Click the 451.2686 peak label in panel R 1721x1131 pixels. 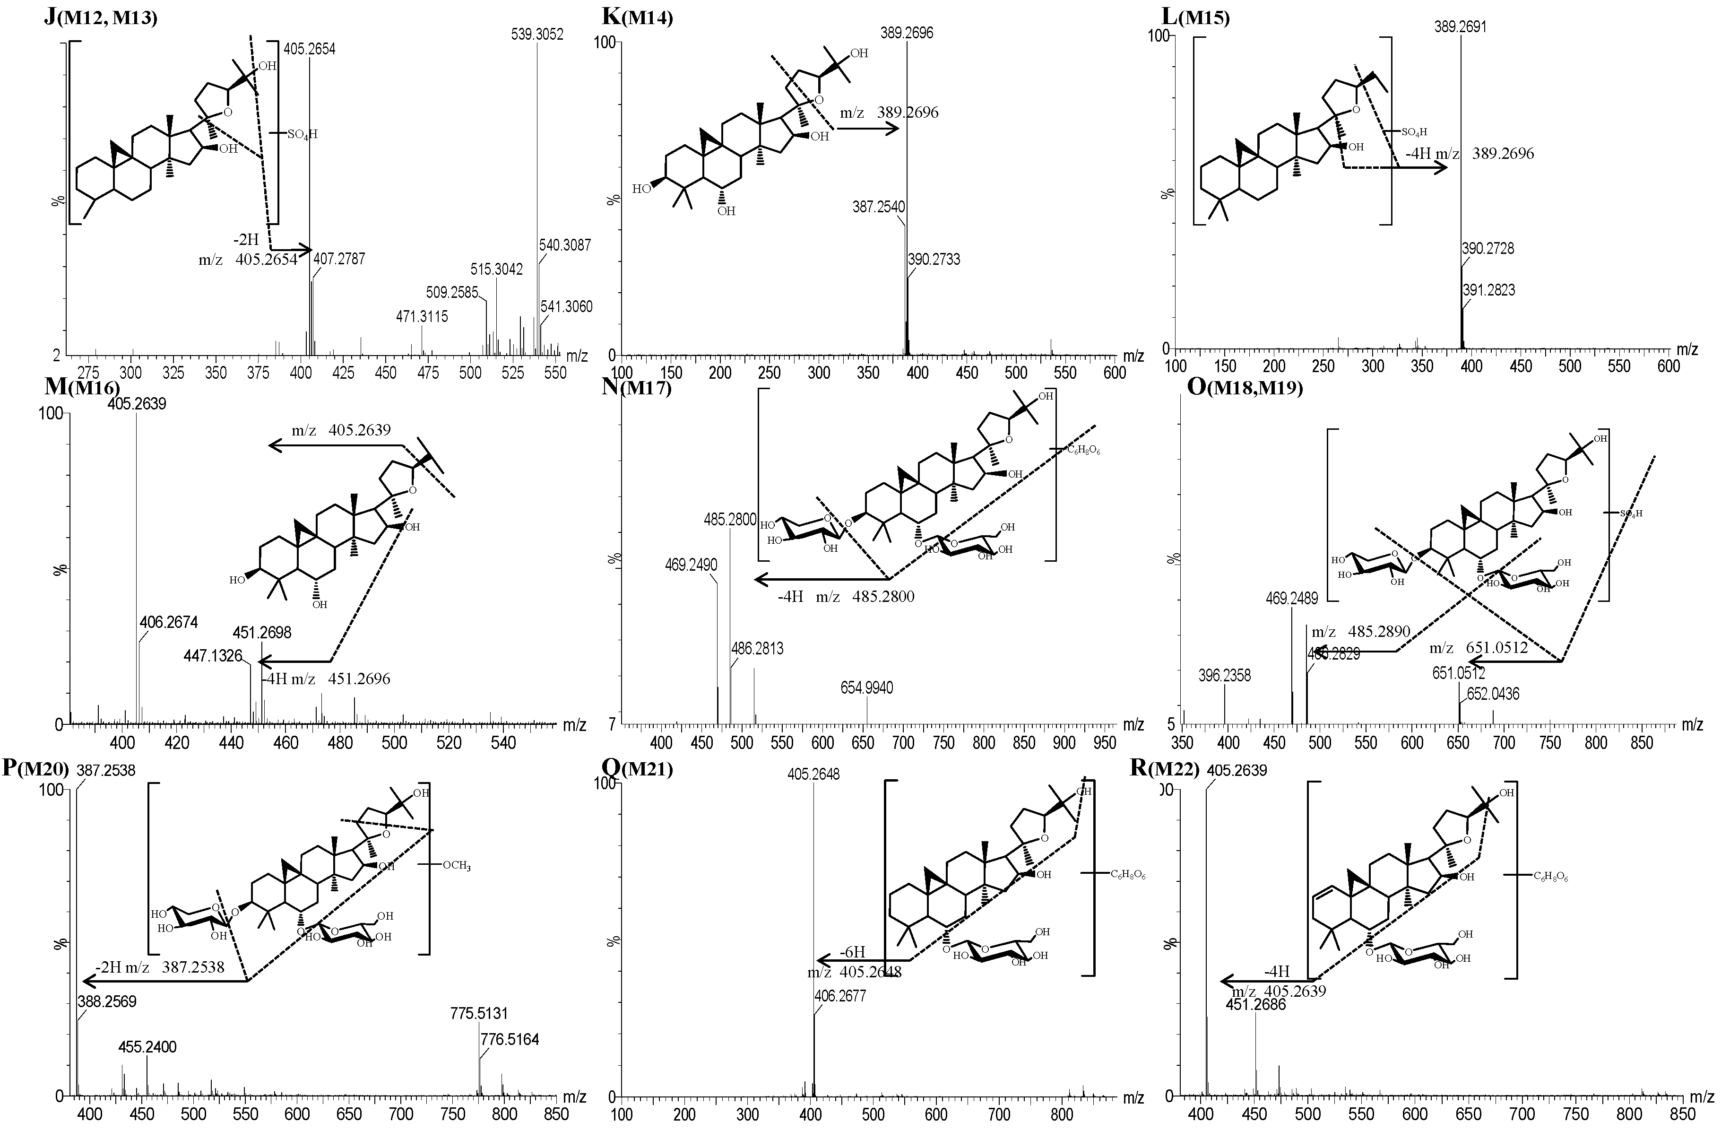[x=1255, y=1004]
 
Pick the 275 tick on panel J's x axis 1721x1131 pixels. [x=88, y=373]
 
